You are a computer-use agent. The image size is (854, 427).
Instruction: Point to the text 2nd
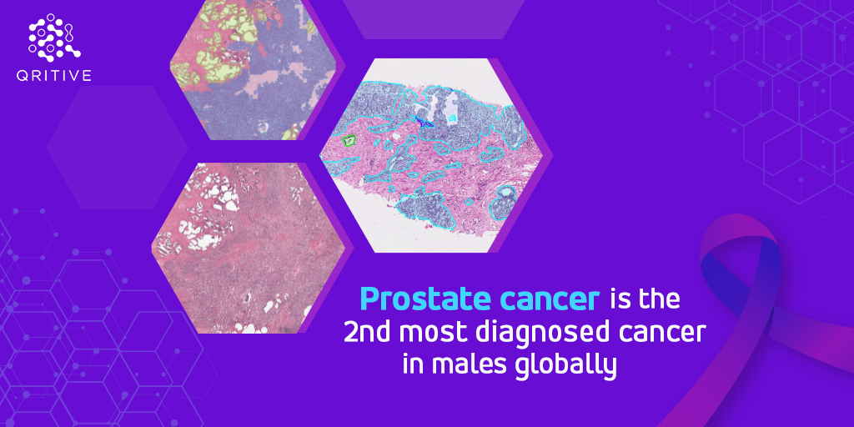(x=367, y=332)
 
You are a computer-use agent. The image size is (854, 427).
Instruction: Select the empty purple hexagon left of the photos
(x=117, y=147)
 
